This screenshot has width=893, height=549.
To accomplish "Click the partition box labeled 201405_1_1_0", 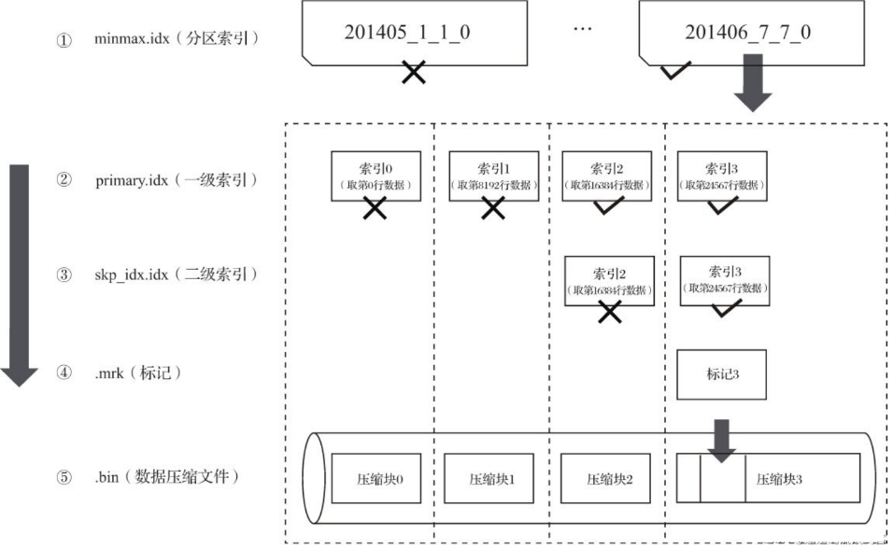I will coord(405,32).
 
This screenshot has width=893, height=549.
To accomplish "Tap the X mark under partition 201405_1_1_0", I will coord(414,71).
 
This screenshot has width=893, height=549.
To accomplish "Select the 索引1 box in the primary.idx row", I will coord(493,175).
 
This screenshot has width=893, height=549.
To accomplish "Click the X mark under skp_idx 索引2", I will coord(610,313).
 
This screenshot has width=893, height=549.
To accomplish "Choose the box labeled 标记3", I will coord(722,373).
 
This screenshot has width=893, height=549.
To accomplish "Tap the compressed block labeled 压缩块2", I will coord(610,478).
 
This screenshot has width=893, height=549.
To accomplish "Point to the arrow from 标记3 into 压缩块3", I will coord(722,439).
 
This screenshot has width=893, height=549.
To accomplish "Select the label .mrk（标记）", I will coord(137,373).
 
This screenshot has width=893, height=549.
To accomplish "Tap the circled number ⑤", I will coord(64,477).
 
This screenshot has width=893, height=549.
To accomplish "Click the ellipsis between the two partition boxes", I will coord(583,28).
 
